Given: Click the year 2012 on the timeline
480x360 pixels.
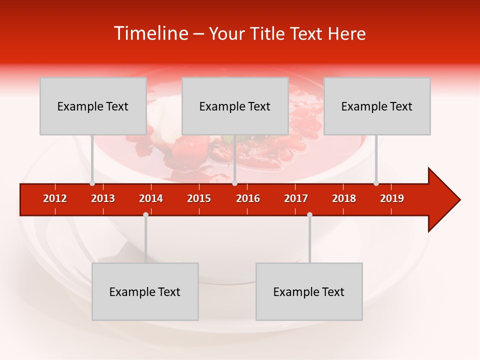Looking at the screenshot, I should click(55, 198).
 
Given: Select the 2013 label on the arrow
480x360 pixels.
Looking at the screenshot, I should click(103, 198).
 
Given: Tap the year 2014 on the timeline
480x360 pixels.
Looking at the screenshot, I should click(151, 198).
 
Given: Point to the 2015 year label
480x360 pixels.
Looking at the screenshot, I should click(199, 198).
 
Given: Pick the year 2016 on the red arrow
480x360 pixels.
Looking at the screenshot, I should click(248, 198).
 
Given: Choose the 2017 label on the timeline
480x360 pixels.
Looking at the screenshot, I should click(296, 198).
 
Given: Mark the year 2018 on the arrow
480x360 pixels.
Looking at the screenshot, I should click(344, 198).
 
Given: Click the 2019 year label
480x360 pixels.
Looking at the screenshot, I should click(392, 198).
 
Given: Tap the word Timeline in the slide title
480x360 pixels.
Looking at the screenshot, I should click(150, 33).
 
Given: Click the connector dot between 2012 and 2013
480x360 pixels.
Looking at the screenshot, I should click(92, 183).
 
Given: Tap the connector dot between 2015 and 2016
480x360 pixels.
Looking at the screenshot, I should click(234, 183).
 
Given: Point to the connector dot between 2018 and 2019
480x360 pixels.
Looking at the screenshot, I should click(376, 183).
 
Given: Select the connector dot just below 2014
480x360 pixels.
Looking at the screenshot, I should click(145, 215).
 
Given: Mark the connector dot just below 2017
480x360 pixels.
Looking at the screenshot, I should click(309, 215).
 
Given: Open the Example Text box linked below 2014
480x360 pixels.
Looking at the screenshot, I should click(145, 291).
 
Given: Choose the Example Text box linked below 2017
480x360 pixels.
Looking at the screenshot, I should click(309, 291).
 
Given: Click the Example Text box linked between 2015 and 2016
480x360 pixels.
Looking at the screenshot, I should click(235, 106).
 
